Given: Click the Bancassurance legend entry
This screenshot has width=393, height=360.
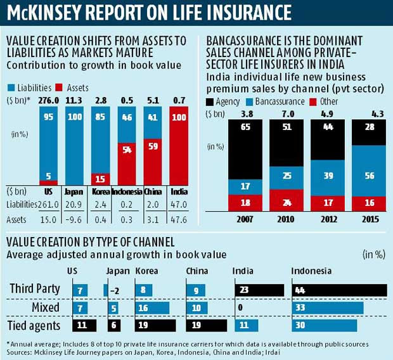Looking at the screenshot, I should [280, 101].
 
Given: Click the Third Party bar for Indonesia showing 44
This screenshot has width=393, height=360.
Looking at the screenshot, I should [338, 290].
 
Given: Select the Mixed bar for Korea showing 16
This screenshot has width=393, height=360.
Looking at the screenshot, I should [152, 309].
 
